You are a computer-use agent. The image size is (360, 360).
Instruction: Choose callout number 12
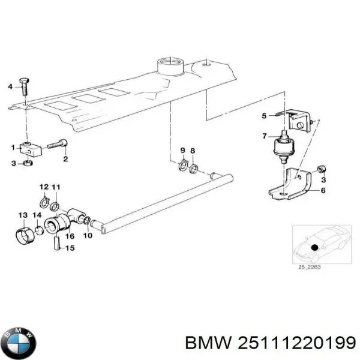pyautogui.click(x=44, y=188)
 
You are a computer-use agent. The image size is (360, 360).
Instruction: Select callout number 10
pyautogui.click(x=88, y=235)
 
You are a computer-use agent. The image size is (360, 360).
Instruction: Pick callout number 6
pyautogui.click(x=323, y=190)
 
